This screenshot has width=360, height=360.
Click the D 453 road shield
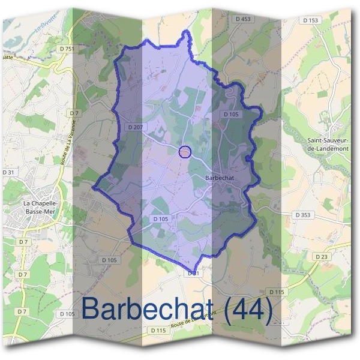[243, 19]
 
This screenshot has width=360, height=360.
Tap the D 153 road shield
[311, 20]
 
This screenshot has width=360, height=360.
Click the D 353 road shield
[302, 214]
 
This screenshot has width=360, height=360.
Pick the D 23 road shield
[322, 256]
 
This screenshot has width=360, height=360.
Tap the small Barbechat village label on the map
[218, 178]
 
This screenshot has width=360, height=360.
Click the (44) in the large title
[249, 309]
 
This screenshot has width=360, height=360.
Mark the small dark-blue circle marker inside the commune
[185, 151]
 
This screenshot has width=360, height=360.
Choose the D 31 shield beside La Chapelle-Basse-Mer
[8, 172]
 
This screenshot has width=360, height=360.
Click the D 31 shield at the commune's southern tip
[193, 273]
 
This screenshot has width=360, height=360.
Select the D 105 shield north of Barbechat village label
[231, 114]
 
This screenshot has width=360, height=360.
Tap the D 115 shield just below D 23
[276, 292]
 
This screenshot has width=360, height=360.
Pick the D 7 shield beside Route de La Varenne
[74, 113]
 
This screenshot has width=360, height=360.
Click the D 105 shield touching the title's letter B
[67, 314]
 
